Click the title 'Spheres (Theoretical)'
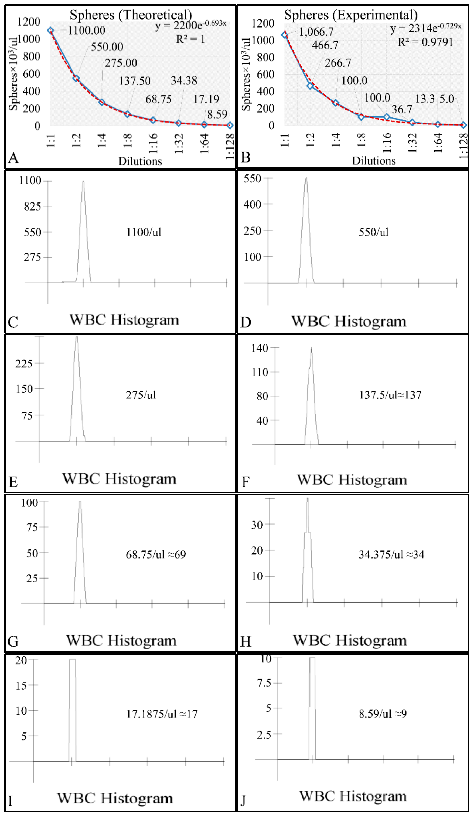click(x=131, y=15)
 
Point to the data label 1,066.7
click(x=316, y=32)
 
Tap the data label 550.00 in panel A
click(x=107, y=47)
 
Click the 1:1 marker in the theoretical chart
click(x=50, y=31)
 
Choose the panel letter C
click(x=13, y=322)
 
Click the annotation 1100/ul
click(x=144, y=232)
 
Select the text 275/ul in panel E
click(x=141, y=395)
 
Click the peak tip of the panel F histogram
click(x=311, y=348)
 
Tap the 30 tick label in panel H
click(x=257, y=525)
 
